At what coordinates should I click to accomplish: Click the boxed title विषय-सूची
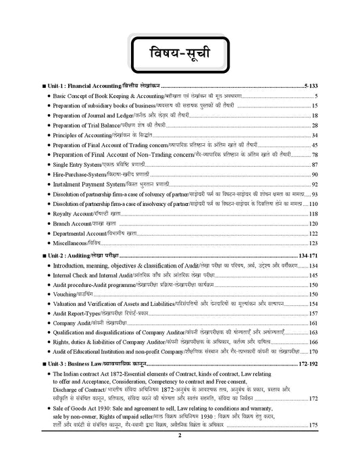[x=180, y=53]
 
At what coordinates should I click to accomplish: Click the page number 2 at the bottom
[x=180, y=455]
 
